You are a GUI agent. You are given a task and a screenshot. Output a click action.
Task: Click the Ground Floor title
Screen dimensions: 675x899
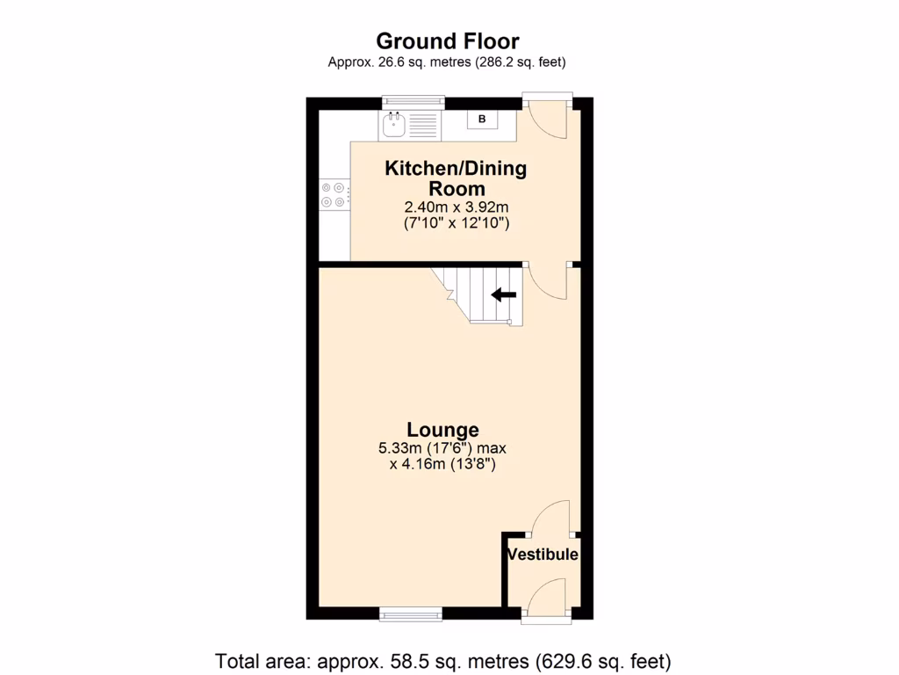[447, 41]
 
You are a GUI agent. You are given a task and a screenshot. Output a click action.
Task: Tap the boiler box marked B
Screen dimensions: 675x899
[481, 118]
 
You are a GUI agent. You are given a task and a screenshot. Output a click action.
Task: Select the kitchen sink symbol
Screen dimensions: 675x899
[394, 124]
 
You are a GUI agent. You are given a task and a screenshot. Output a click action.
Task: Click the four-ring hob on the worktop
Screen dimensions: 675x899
[333, 194]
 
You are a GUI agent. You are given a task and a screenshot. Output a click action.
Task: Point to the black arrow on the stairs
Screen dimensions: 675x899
[503, 295]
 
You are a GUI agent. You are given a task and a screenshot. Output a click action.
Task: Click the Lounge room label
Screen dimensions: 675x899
[442, 430]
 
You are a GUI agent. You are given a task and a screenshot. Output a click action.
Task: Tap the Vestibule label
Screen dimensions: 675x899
[543, 555]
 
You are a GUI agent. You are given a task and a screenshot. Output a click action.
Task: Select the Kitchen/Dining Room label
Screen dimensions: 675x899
[456, 178]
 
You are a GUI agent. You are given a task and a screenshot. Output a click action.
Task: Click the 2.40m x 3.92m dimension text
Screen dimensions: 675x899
[457, 207]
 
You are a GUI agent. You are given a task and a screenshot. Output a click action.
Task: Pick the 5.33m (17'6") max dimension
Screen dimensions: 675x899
[442, 447]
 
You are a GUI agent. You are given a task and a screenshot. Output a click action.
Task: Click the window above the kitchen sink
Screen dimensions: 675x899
[412, 101]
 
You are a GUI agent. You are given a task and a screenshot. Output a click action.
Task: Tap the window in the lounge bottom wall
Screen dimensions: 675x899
[412, 615]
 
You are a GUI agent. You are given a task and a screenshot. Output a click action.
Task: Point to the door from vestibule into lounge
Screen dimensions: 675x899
[550, 519]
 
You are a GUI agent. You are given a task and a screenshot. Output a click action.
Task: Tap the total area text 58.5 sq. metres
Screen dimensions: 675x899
[443, 659]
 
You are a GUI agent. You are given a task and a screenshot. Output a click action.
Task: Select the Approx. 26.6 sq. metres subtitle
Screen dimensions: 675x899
[447, 62]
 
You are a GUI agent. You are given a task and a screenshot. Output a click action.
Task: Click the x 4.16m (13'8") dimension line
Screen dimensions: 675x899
[442, 464]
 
